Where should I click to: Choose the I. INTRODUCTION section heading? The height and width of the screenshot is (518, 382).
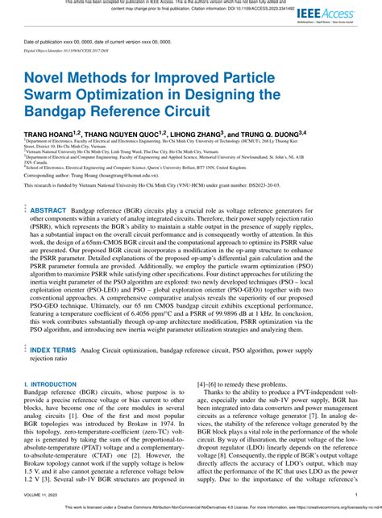pyautogui.click(x=50, y=385)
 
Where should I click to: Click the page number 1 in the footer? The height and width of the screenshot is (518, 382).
pyautogui.click(x=356, y=495)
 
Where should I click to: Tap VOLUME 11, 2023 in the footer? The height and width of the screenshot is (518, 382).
pyautogui.click(x=43, y=495)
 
